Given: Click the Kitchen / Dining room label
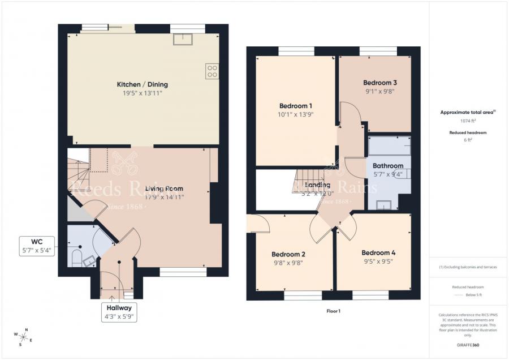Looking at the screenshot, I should pos(143,84).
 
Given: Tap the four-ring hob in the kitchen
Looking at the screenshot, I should pos(213,71).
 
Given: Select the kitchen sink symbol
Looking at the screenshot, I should pos(183,39).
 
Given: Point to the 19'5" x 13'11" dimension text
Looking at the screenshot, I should pos(143,93).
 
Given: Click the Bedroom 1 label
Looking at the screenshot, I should pos(296,106).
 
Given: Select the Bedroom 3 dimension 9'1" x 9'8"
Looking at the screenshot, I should pos(379,91).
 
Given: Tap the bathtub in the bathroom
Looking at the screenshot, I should pos(389,146).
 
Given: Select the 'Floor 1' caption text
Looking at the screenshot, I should pos(334,311).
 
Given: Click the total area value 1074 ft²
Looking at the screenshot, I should pos(468,121).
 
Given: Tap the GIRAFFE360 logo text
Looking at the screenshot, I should pos(468,344).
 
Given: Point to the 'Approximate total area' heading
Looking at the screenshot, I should pos(467,112).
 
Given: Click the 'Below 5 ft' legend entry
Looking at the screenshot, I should pos(474,295).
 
